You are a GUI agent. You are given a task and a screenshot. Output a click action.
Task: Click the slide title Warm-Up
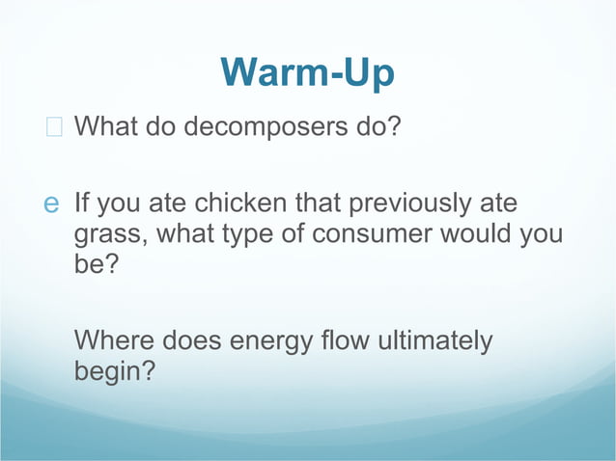(307, 73)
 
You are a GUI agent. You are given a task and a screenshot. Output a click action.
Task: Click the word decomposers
(270, 126)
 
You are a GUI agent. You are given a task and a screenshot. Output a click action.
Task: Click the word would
(487, 233)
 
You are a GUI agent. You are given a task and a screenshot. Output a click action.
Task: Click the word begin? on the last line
(113, 371)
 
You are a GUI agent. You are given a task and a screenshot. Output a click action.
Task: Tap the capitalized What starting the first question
(105, 126)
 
